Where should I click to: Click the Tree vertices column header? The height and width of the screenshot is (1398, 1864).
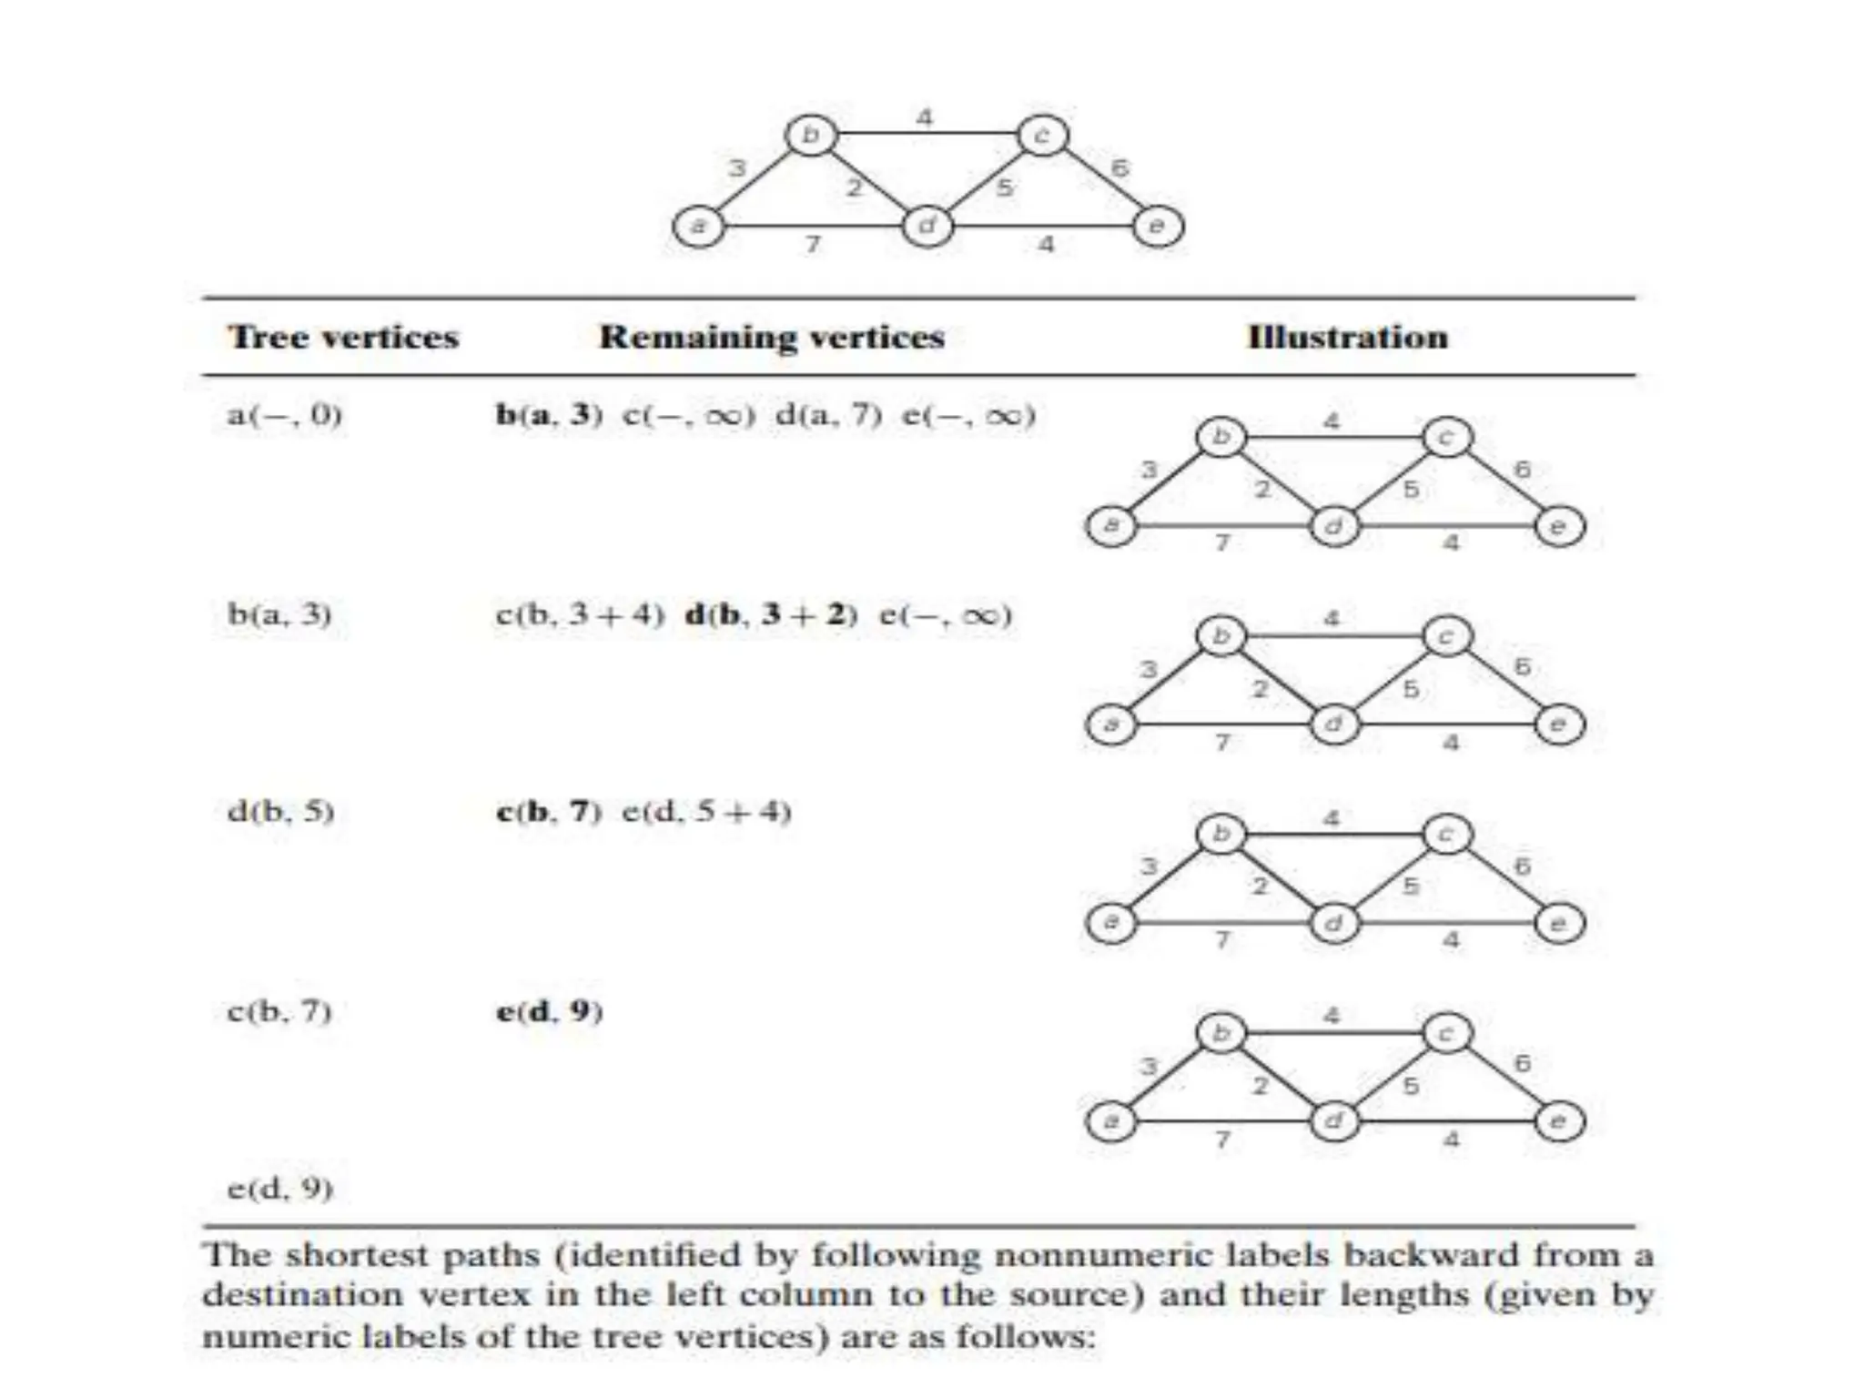pos(343,338)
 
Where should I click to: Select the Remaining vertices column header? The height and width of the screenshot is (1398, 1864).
pos(772,338)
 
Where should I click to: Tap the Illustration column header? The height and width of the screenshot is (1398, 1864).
pos(1347,338)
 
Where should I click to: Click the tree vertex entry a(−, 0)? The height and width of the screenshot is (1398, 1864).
pos(284,416)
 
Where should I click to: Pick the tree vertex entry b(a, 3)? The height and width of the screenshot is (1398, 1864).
pos(279,614)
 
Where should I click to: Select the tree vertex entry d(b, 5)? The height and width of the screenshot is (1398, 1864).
pos(281,811)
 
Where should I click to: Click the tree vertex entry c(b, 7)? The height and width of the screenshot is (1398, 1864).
pos(279,1011)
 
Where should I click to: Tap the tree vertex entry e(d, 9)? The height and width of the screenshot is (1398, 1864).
pos(280,1189)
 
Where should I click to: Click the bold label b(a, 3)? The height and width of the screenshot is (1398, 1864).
pos(549,416)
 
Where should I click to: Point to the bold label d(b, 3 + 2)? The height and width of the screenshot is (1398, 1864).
pos(771,615)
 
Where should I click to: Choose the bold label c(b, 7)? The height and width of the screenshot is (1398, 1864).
pos(549,811)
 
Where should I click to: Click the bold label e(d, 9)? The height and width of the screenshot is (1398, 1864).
pos(549,1011)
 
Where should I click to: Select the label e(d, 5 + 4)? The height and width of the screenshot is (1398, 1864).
pos(706,811)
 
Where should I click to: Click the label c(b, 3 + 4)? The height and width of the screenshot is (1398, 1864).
pos(580,615)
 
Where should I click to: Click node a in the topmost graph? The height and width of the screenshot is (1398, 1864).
pos(698,226)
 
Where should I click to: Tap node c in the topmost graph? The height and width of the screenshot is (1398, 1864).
pos(1042,136)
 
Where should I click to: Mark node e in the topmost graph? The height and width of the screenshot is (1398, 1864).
pos(1158,226)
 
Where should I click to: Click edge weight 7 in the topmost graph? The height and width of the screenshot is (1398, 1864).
pos(813,245)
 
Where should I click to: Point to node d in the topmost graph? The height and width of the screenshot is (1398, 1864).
pos(927,226)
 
